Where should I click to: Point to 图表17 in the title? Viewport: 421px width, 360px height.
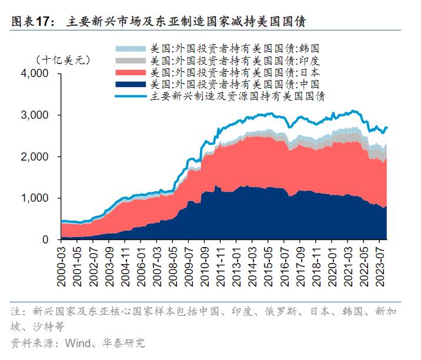coord(28,22)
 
